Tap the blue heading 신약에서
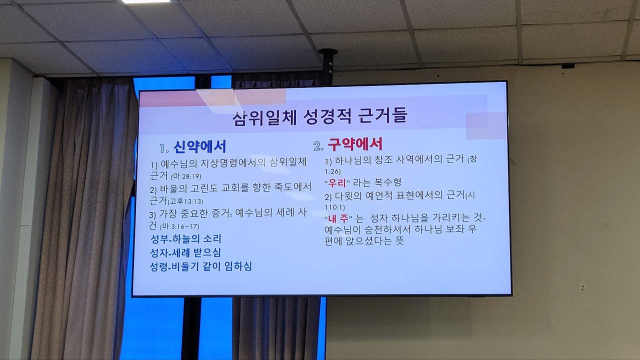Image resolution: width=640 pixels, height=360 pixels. tap(199, 146)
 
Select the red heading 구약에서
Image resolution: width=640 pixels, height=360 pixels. tap(355, 144)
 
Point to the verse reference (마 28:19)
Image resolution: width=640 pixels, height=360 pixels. tap(186, 176)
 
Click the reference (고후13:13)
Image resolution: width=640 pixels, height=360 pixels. tap(185, 201)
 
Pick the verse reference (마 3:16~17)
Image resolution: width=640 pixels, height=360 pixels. tap(179, 226)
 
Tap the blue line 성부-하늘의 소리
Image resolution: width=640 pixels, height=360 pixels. tap(185, 239)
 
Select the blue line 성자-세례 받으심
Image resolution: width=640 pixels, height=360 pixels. tap(185, 252)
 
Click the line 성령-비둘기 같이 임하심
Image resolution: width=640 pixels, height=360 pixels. tap(200, 266)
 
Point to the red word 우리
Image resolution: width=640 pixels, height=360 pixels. tap(337, 183)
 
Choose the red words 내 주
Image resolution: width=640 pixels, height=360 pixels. tap(338, 219)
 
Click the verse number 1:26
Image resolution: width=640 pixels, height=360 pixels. tap(332, 171)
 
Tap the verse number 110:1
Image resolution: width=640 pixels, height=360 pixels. tap(334, 207)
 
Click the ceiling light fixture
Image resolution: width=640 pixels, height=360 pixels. tap(145, 1)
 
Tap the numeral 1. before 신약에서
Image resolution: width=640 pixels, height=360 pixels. tap(164, 148)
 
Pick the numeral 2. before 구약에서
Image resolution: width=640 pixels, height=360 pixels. tap(318, 146)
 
